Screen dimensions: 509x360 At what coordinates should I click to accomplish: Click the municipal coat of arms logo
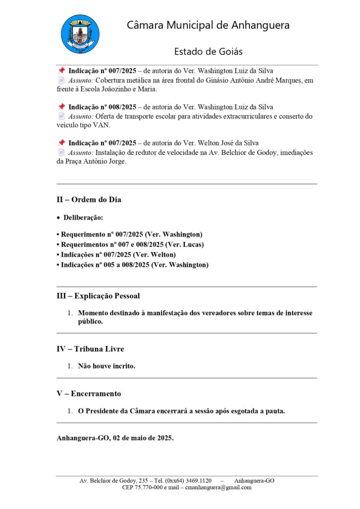coord(80,34)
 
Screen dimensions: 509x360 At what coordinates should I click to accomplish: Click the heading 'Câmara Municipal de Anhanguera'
coord(208,25)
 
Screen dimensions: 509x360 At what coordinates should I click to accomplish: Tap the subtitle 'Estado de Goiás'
coord(208,52)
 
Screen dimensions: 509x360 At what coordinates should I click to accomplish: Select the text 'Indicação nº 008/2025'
coord(102,107)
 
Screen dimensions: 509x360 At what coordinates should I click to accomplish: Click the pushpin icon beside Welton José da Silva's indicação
coord(62,143)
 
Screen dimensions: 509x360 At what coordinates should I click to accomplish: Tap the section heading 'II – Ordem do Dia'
coord(89,200)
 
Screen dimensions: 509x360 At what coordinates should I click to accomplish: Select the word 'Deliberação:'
coord(84,218)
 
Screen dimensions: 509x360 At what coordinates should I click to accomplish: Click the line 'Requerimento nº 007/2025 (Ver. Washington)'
coord(130,234)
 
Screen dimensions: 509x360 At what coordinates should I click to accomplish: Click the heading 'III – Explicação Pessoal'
coord(98,296)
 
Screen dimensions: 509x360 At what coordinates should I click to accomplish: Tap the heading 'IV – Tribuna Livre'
coord(90,349)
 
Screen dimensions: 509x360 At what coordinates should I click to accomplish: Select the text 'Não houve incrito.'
coord(106,366)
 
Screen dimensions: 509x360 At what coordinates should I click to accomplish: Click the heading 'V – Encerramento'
coord(89,394)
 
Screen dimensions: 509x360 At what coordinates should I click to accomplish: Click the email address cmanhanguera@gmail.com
coord(218,488)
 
